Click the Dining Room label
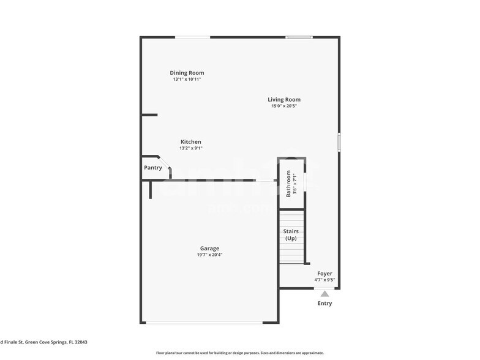pyautogui.click(x=187, y=73)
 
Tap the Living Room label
pyautogui.click(x=284, y=99)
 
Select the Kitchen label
pyautogui.click(x=190, y=141)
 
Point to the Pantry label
pyautogui.click(x=152, y=168)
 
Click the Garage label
pyautogui.click(x=209, y=249)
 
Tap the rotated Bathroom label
pyautogui.click(x=289, y=184)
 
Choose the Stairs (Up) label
pyautogui.click(x=291, y=234)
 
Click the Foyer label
pyautogui.click(x=324, y=274)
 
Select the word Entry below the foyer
pyautogui.click(x=324, y=304)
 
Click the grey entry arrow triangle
pyautogui.click(x=324, y=293)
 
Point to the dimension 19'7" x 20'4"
pyautogui.click(x=209, y=255)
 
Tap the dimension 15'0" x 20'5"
pyautogui.click(x=284, y=106)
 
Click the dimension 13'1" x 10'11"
pyautogui.click(x=187, y=80)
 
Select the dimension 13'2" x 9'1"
pyautogui.click(x=190, y=148)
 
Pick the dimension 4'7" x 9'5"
pyautogui.click(x=324, y=280)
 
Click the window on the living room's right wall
pyautogui.click(x=339, y=141)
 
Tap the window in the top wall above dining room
pyautogui.click(x=193, y=38)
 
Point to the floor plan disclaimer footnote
pyautogui.click(x=239, y=353)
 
